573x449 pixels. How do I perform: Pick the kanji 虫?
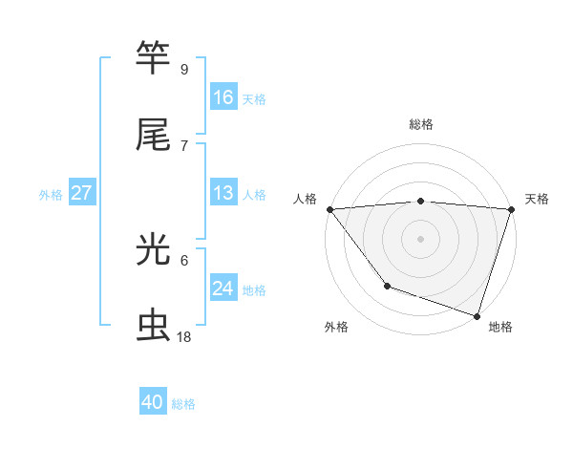coord(154,326)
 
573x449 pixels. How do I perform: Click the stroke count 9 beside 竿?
coord(184,69)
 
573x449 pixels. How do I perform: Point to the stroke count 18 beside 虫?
coord(184,337)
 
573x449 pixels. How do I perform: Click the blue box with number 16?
coord(223,97)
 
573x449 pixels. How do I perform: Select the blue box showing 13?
coord(223,193)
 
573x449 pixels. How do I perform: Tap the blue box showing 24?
coord(223,289)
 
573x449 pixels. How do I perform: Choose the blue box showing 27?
coord(82,193)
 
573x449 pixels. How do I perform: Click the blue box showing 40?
coord(153,402)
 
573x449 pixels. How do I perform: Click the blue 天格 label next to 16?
coord(254,98)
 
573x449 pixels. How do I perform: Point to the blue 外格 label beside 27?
coord(51,194)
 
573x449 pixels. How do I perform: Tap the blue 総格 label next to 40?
coord(183,403)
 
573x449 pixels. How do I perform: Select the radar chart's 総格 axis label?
coord(421,124)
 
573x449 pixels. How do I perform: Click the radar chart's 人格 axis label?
coord(305,199)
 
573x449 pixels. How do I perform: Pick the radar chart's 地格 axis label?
coord(500,327)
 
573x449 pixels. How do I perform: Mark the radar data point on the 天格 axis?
coord(511,209)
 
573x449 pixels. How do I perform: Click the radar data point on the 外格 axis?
coord(387,286)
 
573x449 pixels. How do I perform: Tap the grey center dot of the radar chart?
coord(420,238)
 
